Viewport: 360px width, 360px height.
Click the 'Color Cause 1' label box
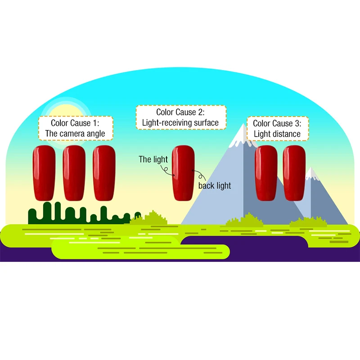pyautogui.click(x=76, y=128)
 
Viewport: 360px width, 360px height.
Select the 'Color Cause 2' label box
pyautogui.click(x=181, y=117)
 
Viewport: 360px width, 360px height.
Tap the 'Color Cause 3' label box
pyautogui.click(x=278, y=129)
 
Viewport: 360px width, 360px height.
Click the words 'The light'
pyautogui.click(x=153, y=159)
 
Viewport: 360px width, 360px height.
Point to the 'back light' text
pyautogui.click(x=215, y=186)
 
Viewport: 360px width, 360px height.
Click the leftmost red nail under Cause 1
pyautogui.click(x=44, y=173)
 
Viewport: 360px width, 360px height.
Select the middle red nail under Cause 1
pyautogui.click(x=74, y=173)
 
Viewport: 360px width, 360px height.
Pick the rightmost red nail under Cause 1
pyautogui.click(x=104, y=173)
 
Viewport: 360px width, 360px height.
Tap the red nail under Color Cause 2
pyautogui.click(x=183, y=173)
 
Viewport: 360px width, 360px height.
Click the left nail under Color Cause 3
pyautogui.click(x=266, y=173)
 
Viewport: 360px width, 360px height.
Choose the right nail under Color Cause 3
pyautogui.click(x=294, y=173)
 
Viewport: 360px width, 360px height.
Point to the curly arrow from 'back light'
pyautogui.click(x=200, y=175)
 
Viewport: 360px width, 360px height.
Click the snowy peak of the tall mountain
pyautogui.click(x=243, y=137)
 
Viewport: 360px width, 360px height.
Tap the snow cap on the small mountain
pyautogui.click(x=311, y=174)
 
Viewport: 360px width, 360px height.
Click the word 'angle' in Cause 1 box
pyautogui.click(x=96, y=134)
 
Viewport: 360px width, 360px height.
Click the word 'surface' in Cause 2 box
pyautogui.click(x=206, y=123)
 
